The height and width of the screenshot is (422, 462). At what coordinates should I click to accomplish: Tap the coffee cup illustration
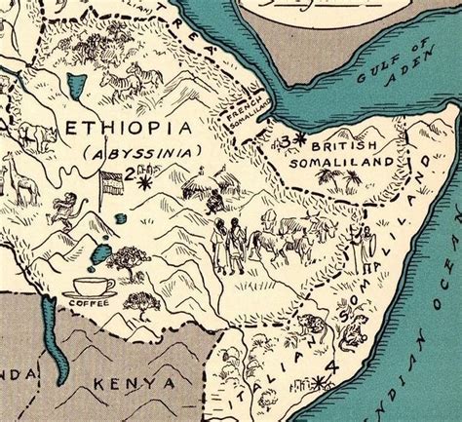click(95, 288)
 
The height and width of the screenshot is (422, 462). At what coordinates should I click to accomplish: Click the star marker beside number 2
click(145, 182)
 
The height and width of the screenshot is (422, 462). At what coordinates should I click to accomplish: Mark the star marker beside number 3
click(299, 141)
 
